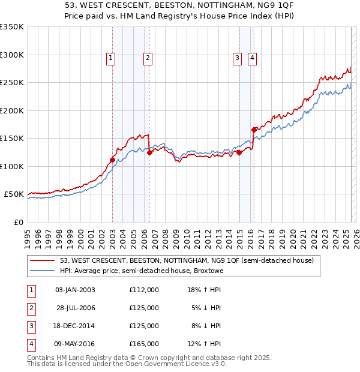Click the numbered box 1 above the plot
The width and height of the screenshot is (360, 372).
[112, 58]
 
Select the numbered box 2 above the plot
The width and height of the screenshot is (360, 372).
[147, 58]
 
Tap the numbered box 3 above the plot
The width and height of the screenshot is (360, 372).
[238, 58]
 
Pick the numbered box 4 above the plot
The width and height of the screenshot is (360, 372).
[252, 58]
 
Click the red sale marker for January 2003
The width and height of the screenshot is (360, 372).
[112, 160]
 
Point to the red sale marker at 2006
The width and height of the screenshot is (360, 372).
[149, 152]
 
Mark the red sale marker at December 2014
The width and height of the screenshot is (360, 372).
[239, 152]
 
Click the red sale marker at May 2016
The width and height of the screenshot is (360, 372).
[254, 130]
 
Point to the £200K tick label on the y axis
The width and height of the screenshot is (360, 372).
[12, 110]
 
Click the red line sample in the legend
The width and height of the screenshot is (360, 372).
[43, 261]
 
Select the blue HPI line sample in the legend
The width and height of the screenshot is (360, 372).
[43, 271]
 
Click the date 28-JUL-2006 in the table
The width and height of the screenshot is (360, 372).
[76, 308]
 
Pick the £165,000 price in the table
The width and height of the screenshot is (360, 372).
[144, 344]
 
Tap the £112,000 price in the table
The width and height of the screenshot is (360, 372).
[144, 290]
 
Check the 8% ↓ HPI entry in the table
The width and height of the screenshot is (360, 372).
[206, 326]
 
